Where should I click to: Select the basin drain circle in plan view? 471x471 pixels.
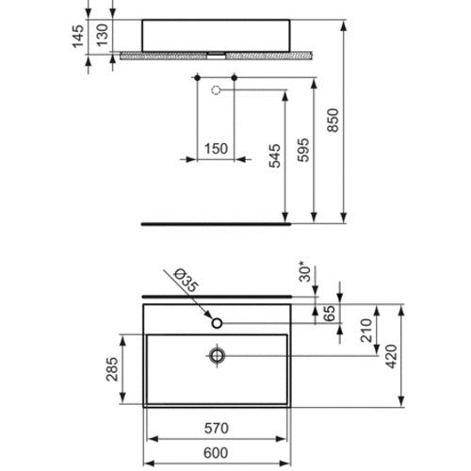[x=218, y=355]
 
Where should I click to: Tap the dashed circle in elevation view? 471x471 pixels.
[x=218, y=91]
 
